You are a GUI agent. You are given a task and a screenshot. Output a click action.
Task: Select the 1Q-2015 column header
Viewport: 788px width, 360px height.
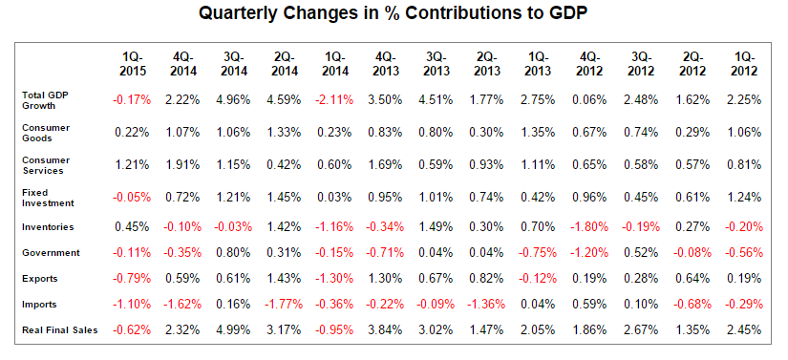[x=133, y=64]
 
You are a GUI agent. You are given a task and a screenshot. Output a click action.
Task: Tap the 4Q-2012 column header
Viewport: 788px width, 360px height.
[x=589, y=64]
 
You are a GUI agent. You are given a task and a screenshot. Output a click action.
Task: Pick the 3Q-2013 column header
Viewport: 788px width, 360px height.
[x=437, y=64]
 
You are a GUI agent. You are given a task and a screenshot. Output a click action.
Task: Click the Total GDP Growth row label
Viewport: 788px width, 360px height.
[x=40, y=100]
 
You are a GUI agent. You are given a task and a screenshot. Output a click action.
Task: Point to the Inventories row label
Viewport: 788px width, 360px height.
[x=48, y=227]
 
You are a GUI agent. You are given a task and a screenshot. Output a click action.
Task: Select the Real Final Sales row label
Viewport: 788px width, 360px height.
[x=60, y=330]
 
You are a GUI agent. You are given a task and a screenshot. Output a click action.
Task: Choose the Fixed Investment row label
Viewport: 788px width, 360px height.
[x=49, y=198]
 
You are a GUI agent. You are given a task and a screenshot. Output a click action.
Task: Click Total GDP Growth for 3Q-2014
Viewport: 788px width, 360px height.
[x=234, y=100]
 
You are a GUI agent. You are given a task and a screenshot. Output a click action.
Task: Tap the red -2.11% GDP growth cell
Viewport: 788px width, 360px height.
[x=334, y=100]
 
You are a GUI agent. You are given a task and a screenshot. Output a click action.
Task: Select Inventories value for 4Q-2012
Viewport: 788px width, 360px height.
[x=589, y=227]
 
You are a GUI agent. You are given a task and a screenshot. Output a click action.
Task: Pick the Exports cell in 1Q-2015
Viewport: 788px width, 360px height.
[x=132, y=278]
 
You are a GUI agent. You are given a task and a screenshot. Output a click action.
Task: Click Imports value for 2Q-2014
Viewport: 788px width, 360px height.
[x=284, y=305]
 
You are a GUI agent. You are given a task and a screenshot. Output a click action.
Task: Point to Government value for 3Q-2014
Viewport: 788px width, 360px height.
[x=234, y=252]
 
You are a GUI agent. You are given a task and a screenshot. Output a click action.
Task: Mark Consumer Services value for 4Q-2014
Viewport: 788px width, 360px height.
[x=183, y=164]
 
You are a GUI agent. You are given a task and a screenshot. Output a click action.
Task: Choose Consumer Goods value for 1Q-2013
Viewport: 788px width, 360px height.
[x=539, y=133]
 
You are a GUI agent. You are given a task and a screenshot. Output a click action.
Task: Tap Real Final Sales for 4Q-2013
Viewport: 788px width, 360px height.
[x=386, y=330]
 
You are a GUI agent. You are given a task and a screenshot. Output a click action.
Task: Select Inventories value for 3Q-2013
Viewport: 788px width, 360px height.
[x=437, y=227]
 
